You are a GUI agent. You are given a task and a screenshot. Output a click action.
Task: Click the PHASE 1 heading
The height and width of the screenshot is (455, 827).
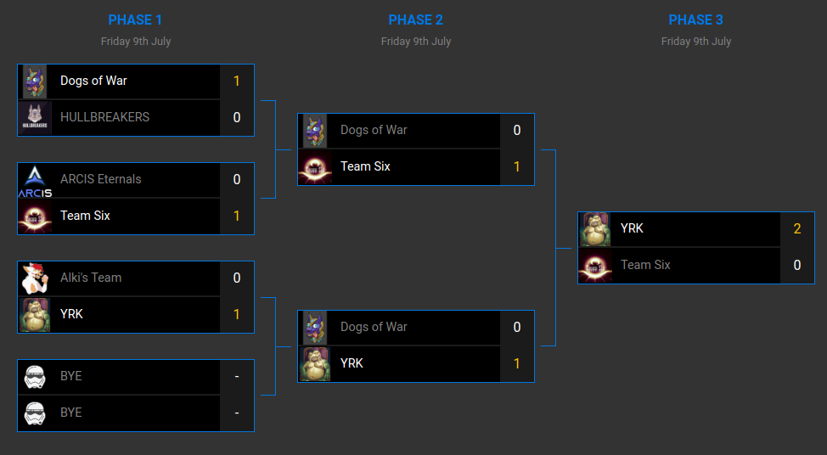point(135,20)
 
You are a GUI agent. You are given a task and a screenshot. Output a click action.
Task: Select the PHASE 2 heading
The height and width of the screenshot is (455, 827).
point(415,20)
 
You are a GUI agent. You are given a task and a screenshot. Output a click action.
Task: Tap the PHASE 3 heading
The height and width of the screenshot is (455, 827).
point(695,20)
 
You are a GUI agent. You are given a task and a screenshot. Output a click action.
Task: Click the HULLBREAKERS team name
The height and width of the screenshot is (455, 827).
point(104,117)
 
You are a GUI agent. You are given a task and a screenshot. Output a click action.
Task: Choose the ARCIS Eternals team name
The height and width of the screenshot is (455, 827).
point(100,179)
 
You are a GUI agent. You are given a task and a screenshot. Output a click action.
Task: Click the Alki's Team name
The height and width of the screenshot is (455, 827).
point(91,278)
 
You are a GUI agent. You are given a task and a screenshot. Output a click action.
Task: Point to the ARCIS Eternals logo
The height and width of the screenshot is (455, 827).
point(35,180)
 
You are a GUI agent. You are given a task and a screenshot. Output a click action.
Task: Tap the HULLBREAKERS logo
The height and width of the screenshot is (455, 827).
point(35,118)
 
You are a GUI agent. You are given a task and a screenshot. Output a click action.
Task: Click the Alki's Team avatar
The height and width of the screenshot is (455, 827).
point(35,278)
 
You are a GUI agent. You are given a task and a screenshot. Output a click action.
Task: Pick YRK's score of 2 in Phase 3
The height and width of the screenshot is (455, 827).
point(797,229)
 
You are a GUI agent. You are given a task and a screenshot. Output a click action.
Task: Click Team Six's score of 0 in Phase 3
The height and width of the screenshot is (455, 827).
point(797,265)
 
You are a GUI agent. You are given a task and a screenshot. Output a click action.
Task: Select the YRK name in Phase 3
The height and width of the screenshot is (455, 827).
point(632,228)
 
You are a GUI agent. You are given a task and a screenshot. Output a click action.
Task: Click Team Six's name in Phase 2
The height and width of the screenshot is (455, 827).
point(365,166)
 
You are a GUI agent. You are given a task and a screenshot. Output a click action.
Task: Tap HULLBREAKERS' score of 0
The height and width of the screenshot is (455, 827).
point(237,118)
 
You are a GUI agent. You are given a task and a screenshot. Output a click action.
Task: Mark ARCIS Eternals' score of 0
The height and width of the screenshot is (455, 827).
point(237,180)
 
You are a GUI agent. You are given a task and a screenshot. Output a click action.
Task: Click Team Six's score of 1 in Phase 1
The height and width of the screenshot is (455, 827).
point(237,216)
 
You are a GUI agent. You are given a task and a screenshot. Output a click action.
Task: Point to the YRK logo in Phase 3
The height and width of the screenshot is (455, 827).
point(595,229)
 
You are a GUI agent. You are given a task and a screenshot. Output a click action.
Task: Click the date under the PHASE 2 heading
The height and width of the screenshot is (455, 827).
point(415,41)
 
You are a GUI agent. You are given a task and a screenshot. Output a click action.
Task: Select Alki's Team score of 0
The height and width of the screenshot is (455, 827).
point(237,278)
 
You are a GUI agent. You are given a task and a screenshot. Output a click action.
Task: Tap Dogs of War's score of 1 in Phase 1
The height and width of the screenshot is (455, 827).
point(237,81)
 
